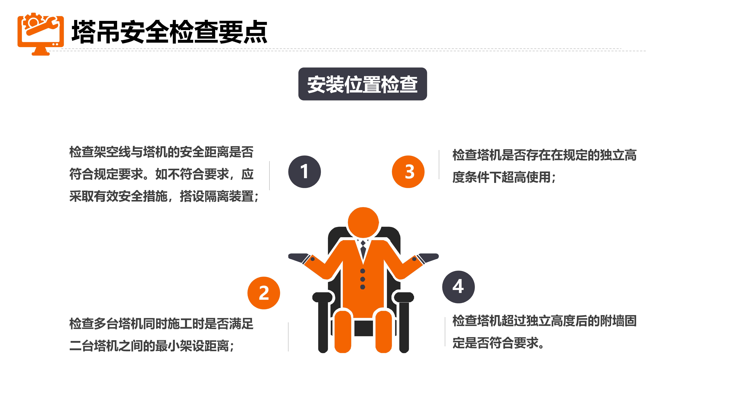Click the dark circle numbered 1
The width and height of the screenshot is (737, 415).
click(304, 172)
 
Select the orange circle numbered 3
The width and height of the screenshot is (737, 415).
click(408, 172)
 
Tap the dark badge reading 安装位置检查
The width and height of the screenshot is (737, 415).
click(362, 84)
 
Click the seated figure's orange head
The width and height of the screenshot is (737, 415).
click(363, 222)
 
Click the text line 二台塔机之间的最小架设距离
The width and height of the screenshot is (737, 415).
click(152, 346)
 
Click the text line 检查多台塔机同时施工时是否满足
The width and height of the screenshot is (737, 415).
click(161, 324)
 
